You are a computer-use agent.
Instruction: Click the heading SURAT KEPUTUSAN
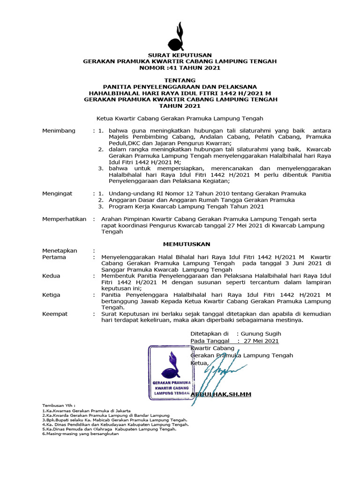tap(180, 55)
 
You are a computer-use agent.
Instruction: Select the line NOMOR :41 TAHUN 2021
tap(180, 67)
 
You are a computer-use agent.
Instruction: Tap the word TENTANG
tap(180, 81)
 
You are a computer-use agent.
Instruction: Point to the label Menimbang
tap(59, 130)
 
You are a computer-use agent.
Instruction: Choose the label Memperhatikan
tap(64, 219)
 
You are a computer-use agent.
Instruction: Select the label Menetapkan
tap(60, 251)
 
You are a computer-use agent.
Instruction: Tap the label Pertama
tap(54, 257)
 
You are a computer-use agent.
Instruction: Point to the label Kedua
tap(52, 276)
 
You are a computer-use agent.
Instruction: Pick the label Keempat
tap(55, 314)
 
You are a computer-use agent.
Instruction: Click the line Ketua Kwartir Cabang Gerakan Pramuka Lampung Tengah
tap(180, 119)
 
